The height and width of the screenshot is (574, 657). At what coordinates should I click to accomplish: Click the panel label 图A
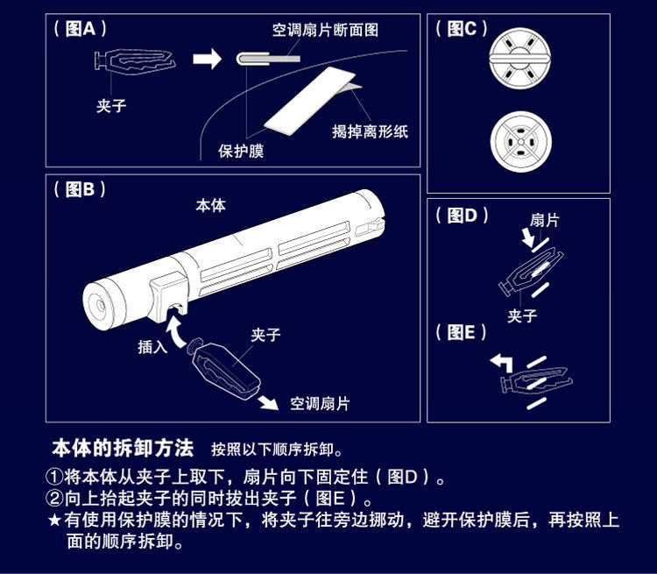point(81,28)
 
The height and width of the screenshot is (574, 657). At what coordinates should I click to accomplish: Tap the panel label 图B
point(81,189)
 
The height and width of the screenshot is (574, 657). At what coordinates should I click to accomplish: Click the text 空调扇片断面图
point(325,30)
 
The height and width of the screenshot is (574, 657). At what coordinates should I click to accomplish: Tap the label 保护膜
point(241,151)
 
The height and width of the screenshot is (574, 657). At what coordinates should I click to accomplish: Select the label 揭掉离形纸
point(370,132)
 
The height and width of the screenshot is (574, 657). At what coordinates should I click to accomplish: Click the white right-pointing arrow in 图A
point(208,60)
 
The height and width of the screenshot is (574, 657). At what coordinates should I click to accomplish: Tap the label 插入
point(152,347)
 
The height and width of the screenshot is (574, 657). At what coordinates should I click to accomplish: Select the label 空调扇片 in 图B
point(320,403)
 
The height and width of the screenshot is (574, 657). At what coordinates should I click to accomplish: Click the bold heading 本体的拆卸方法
point(123,448)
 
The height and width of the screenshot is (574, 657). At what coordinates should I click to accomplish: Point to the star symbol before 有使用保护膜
point(54,521)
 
